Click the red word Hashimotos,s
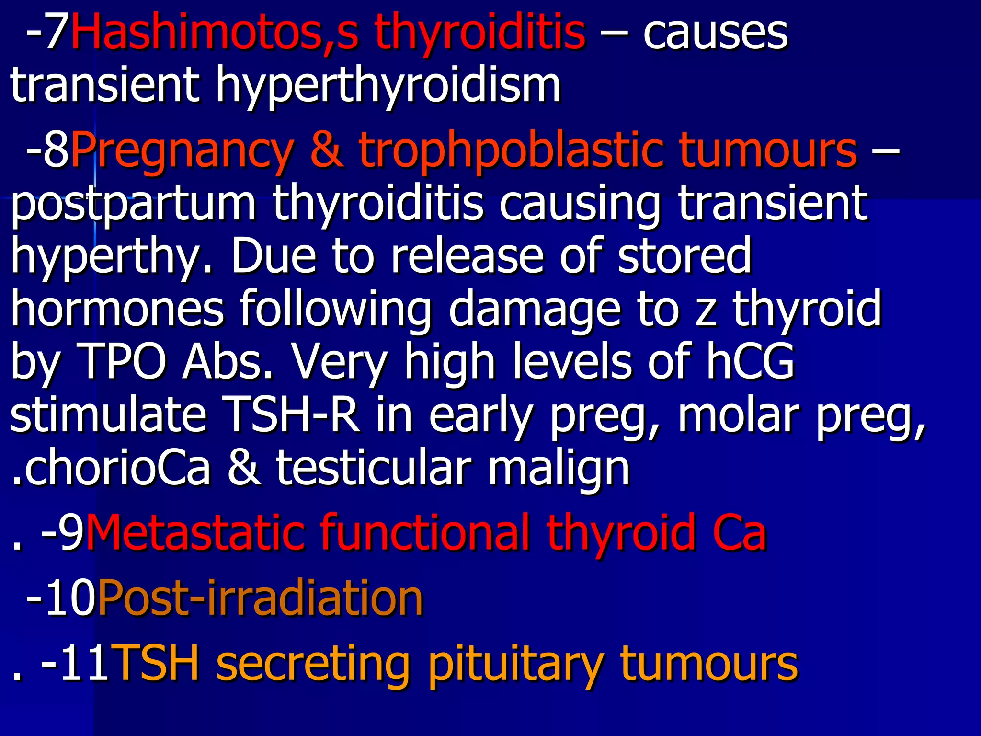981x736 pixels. pyautogui.click(x=214, y=33)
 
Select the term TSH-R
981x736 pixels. pyautogui.click(x=292, y=414)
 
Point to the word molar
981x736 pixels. pyautogui.click(x=738, y=414)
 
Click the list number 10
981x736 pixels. pyautogui.click(x=77, y=598)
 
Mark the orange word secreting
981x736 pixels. pyautogui.click(x=313, y=664)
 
